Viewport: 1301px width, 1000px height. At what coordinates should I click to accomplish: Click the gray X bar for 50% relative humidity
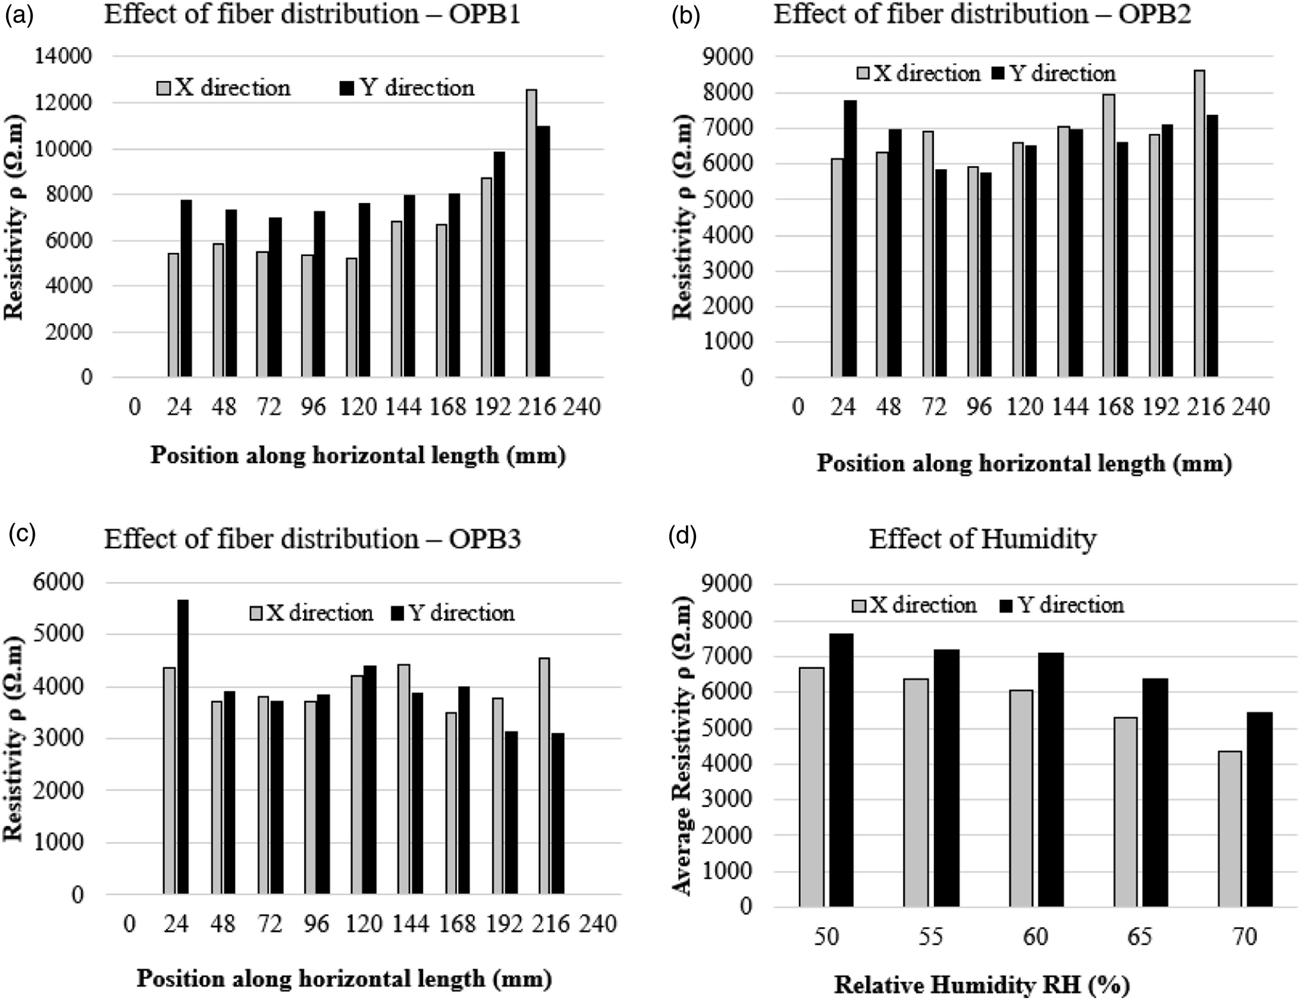pyautogui.click(x=812, y=787)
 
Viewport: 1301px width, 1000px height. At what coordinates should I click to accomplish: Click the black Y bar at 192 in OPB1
pyautogui.click(x=499, y=264)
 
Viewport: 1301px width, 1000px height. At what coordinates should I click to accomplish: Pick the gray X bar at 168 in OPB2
pyautogui.click(x=1108, y=236)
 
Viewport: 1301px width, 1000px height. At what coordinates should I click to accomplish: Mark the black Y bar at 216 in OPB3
pyautogui.click(x=558, y=813)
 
